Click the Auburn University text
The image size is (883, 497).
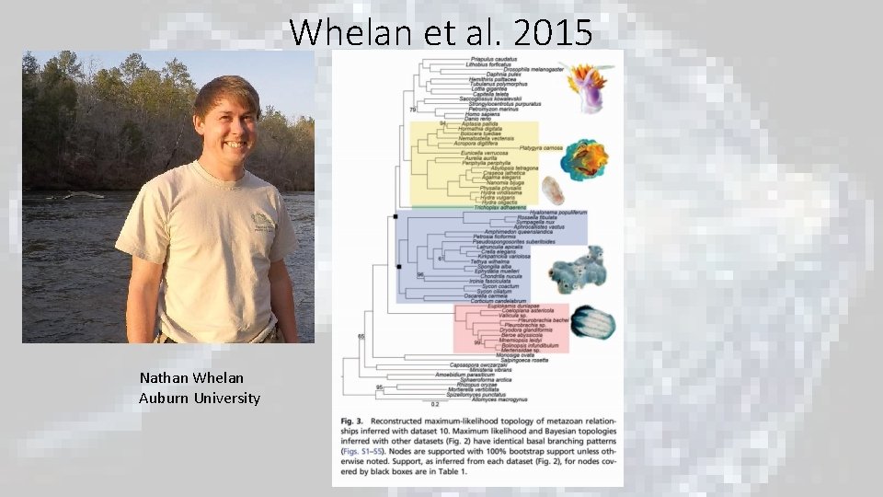point(200,398)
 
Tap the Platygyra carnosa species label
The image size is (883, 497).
point(539,147)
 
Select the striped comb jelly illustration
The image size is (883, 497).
point(592,321)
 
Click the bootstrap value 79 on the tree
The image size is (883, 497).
point(413,110)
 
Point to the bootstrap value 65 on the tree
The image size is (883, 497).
point(361,337)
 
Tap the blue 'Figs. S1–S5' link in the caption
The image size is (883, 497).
point(365,451)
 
